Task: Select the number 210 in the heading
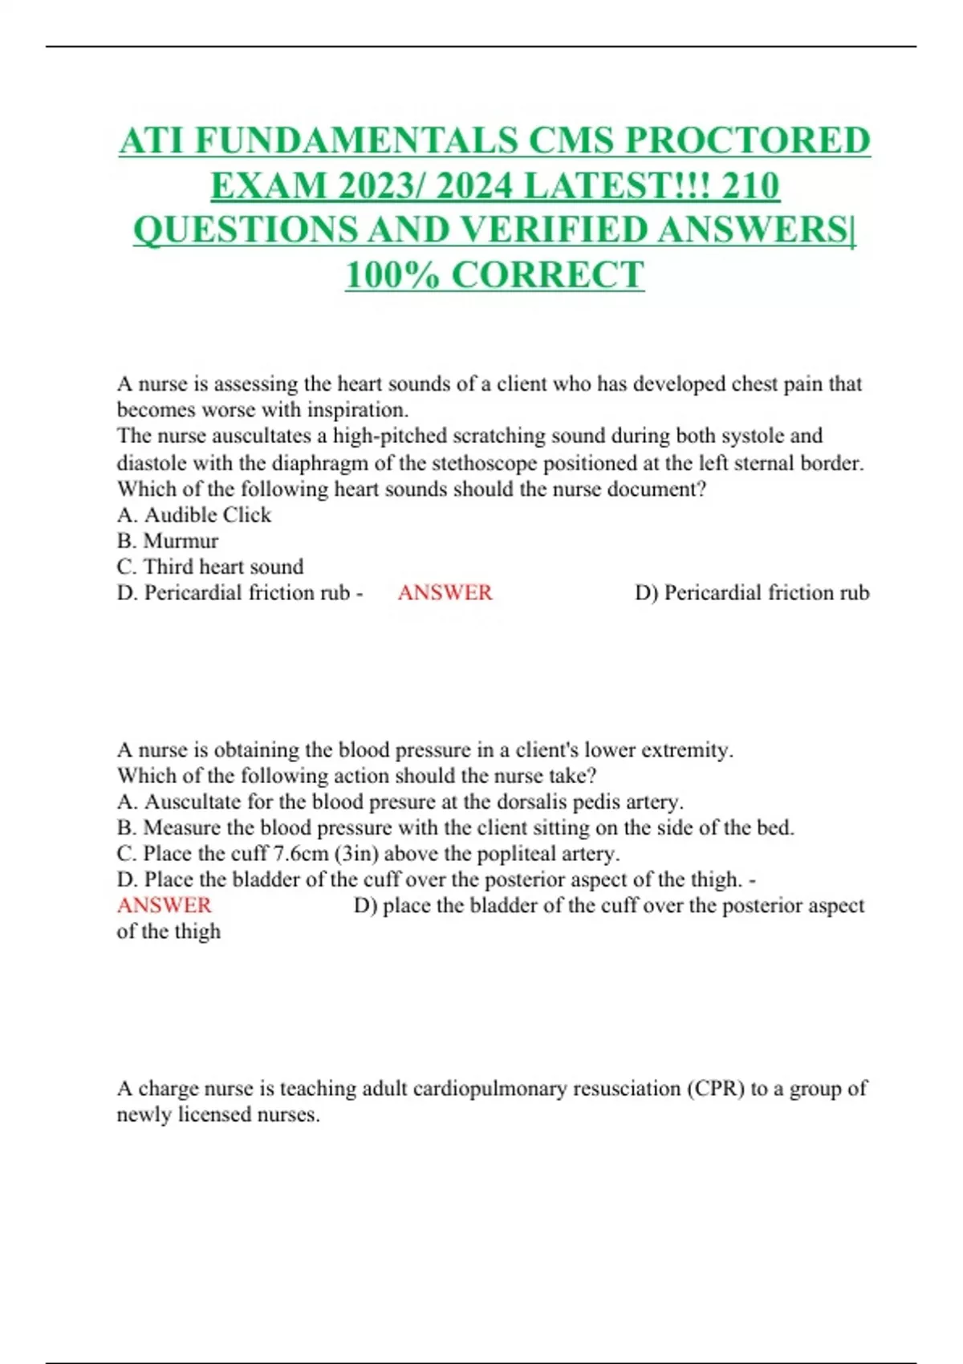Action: point(750,185)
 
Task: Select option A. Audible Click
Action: point(194,515)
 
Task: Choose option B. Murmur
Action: point(168,541)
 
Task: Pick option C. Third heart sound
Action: point(210,566)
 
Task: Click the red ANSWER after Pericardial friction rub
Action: point(445,593)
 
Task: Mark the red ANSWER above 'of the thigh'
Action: point(165,905)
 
